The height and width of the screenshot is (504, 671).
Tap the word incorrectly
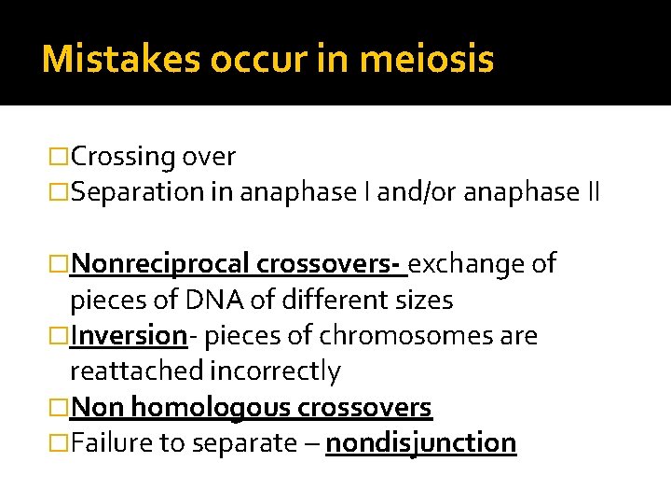coord(275,371)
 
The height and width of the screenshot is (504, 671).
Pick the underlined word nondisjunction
coord(420,442)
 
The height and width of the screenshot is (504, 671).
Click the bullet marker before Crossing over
coord(59,157)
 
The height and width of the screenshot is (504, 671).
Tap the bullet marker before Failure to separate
coord(59,442)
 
